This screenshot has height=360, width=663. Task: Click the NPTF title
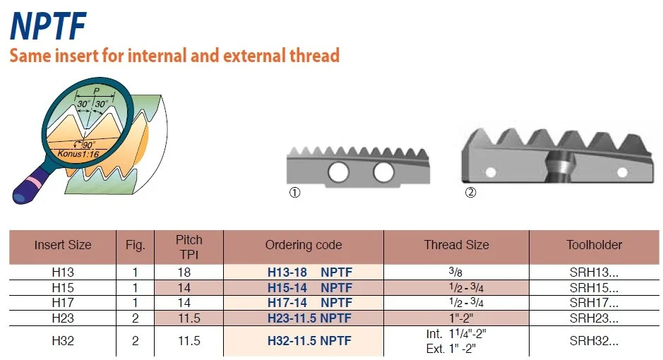click(x=48, y=26)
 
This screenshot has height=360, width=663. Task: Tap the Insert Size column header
click(x=63, y=245)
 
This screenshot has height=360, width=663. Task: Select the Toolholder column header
click(x=594, y=245)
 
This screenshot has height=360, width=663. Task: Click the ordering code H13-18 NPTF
click(x=309, y=272)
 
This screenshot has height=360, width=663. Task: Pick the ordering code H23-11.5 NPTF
click(x=309, y=318)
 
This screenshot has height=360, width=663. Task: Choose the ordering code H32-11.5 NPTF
click(x=309, y=340)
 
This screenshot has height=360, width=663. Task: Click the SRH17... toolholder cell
click(x=594, y=303)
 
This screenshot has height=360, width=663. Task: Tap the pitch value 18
click(x=184, y=272)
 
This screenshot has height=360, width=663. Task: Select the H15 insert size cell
click(x=63, y=288)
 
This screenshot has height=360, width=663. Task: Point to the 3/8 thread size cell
click(x=455, y=272)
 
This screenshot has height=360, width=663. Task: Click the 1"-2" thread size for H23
click(x=461, y=318)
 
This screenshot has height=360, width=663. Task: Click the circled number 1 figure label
click(x=294, y=193)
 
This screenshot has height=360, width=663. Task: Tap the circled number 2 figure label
click(x=470, y=192)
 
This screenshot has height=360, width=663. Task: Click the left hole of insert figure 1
click(x=339, y=172)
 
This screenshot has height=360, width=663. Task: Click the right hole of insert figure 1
click(x=383, y=172)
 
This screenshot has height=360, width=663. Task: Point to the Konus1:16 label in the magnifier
click(x=78, y=153)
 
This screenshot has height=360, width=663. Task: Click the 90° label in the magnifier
click(x=88, y=145)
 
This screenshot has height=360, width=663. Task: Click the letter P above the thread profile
click(x=97, y=91)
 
